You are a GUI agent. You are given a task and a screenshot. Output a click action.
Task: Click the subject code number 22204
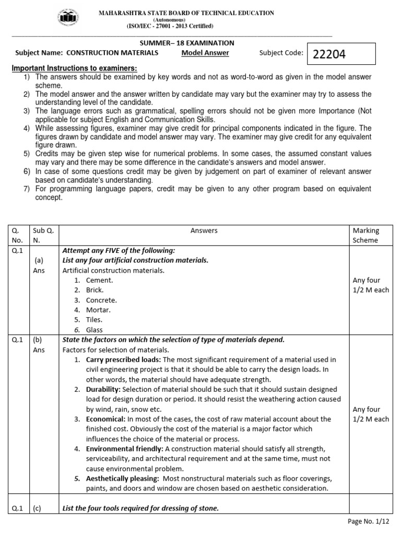[329, 55]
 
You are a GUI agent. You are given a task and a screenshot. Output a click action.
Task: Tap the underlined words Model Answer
[205, 53]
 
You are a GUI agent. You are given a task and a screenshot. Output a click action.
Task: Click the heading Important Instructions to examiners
[75, 68]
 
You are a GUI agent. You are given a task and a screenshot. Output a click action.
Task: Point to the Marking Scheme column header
[366, 235]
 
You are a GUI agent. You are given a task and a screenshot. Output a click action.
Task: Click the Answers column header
[204, 230]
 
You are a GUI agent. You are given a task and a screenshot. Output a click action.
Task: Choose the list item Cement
[99, 280]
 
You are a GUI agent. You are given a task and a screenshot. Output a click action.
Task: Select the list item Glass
[95, 330]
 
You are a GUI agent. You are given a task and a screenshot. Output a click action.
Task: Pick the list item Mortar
[98, 310]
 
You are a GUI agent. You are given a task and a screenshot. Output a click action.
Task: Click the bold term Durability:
[103, 389]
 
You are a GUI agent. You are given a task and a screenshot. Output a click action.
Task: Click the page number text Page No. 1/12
[368, 522]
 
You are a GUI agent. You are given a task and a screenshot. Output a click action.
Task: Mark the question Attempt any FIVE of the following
[119, 250]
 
